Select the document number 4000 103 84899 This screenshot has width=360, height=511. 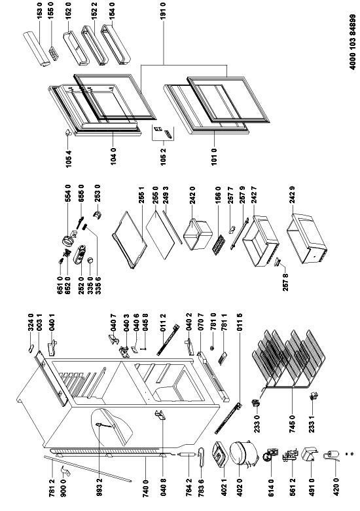pyautogui.click(x=353, y=42)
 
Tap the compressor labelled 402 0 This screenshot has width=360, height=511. pyautogui.click(x=242, y=453)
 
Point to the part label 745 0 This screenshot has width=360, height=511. pyautogui.click(x=293, y=423)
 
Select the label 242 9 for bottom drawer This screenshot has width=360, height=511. pyautogui.click(x=293, y=195)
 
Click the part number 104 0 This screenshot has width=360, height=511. pyautogui.click(x=113, y=156)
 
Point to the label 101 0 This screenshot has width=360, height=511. pyautogui.click(x=214, y=156)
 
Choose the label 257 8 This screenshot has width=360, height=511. pyautogui.click(x=285, y=282)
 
